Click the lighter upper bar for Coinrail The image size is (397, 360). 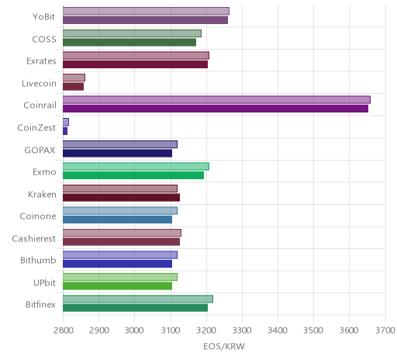[x=216, y=100]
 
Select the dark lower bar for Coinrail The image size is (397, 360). [x=216, y=109]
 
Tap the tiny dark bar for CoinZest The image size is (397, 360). [x=65, y=131]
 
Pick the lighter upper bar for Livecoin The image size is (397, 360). [x=74, y=78]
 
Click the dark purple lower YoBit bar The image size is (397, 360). [x=145, y=20]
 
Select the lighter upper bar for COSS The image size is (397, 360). [x=132, y=33]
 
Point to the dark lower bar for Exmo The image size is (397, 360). [x=133, y=175]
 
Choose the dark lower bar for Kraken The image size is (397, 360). [x=121, y=197]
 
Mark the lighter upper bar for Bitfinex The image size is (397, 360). [x=138, y=299]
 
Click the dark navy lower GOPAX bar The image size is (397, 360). [x=117, y=153]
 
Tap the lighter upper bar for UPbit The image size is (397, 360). [x=120, y=277]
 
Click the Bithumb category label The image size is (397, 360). [x=38, y=260]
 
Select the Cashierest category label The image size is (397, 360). [x=33, y=238]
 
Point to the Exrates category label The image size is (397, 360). [x=41, y=61]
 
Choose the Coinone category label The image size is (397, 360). [x=38, y=216]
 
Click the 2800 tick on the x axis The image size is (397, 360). [x=64, y=331]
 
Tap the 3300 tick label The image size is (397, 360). [x=242, y=331]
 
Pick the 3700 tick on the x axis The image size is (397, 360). [x=385, y=331]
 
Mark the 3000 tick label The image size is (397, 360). [x=135, y=331]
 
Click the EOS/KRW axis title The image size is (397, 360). [x=224, y=346]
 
